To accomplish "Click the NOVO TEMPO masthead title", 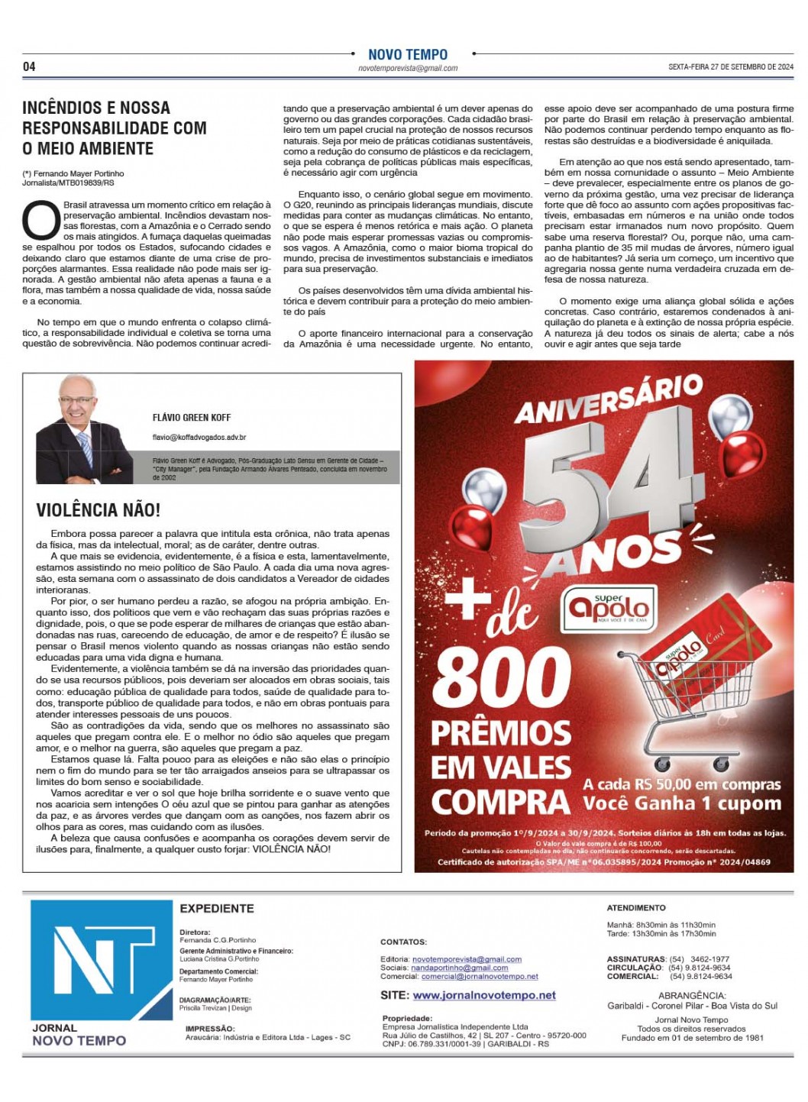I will tap(408, 54).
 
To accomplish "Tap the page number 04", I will tap(29, 66).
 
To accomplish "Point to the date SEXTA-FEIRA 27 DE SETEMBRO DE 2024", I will tap(730, 67).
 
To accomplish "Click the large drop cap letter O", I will tap(40, 220).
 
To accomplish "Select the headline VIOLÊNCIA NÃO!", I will tap(99, 509).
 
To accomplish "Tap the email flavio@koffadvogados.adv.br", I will tap(199, 438).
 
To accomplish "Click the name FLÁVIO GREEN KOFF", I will tap(192, 418).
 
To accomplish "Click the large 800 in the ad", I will tap(502, 678).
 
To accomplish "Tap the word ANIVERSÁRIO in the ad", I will tap(608, 399).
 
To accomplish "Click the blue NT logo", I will tap(101, 960).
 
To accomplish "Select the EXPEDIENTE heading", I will tap(217, 909).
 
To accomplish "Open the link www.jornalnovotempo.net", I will tap(484, 995).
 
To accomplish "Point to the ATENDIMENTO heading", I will tap(636, 908).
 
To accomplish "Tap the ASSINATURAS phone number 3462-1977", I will tap(709, 959).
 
